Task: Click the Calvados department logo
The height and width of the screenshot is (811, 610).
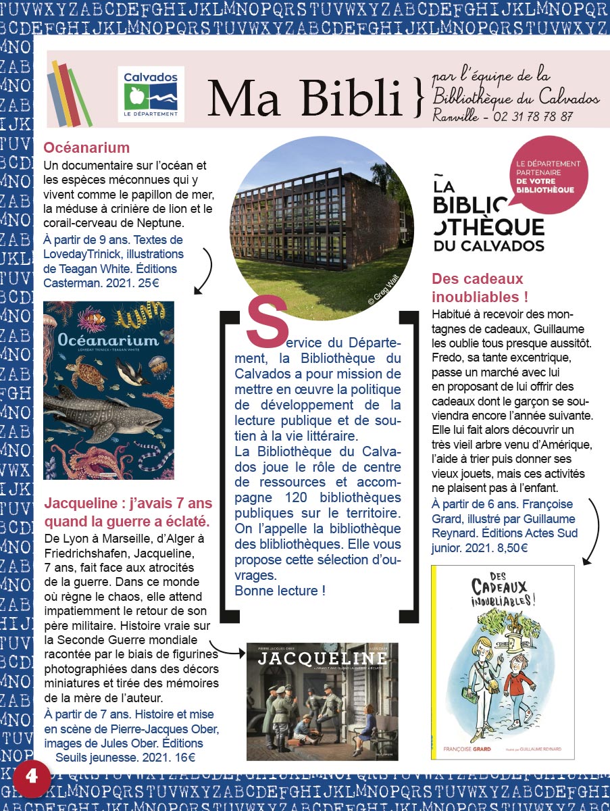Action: (x=151, y=94)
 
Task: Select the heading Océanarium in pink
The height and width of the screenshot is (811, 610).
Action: (x=86, y=148)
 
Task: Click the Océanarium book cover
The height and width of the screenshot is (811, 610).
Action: (x=109, y=390)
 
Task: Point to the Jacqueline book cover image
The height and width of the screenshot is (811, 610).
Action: (x=322, y=702)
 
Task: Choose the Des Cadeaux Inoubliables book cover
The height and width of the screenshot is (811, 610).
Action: (x=503, y=662)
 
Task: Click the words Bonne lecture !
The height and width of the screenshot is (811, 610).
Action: (x=280, y=591)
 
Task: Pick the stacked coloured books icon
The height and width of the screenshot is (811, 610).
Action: (x=69, y=94)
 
